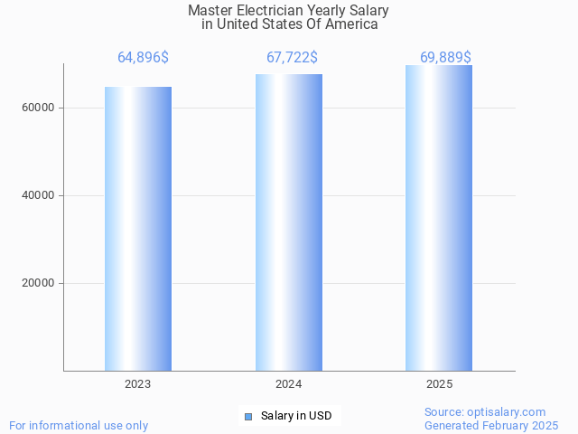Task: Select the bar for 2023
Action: pyautogui.click(x=138, y=229)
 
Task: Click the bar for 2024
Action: pyautogui.click(x=289, y=222)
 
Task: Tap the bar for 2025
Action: pyautogui.click(x=439, y=218)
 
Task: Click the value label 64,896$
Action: pyautogui.click(x=143, y=58)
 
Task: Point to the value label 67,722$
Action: pyautogui.click(x=292, y=58)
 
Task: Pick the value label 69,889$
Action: pyautogui.click(x=445, y=58)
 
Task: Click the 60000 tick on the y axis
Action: pyautogui.click(x=39, y=108)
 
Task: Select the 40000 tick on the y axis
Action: pyautogui.click(x=39, y=195)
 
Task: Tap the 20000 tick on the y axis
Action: pyautogui.click(x=39, y=283)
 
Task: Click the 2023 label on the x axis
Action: pyautogui.click(x=138, y=384)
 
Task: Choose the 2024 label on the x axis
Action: pyautogui.click(x=289, y=384)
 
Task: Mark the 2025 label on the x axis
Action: pyautogui.click(x=439, y=384)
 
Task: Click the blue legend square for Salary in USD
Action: pyautogui.click(x=248, y=416)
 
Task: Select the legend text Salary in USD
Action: pyautogui.click(x=296, y=416)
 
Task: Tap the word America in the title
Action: pyautogui.click(x=350, y=24)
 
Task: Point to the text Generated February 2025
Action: pyautogui.click(x=491, y=426)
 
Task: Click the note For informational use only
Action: pyautogui.click(x=79, y=426)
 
